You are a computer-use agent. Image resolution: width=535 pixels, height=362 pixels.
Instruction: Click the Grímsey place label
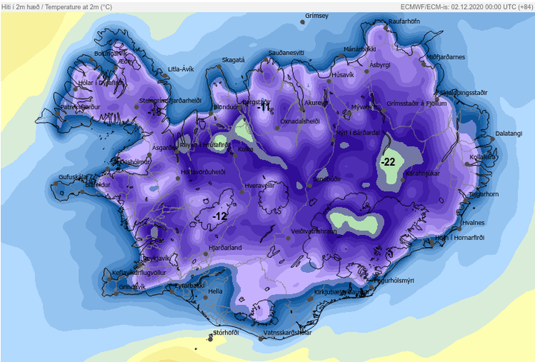317,16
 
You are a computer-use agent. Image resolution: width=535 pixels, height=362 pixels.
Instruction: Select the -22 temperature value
388,161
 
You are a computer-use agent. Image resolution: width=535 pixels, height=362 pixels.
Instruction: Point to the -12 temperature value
219,216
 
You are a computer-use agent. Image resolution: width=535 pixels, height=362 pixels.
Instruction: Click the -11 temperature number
263,108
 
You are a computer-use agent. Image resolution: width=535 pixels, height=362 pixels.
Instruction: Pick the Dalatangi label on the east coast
509,133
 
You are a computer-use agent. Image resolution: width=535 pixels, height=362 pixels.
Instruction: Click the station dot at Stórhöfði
211,337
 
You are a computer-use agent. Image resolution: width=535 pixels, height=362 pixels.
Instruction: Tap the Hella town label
215,291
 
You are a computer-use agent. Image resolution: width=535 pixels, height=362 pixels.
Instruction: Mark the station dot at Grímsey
303,22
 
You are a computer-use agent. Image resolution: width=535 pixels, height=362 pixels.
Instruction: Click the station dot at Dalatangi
491,138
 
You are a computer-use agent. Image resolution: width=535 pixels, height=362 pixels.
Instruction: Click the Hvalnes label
473,222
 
